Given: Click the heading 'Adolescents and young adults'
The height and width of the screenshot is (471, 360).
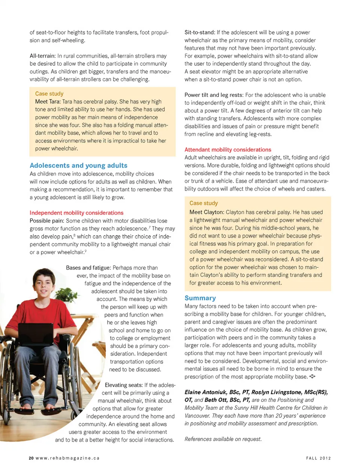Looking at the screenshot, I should pyautogui.click(x=78, y=166).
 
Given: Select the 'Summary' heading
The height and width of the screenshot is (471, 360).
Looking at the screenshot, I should pyautogui.click(x=200, y=298).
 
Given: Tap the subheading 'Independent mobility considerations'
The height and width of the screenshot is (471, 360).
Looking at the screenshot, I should pyautogui.click(x=76, y=213).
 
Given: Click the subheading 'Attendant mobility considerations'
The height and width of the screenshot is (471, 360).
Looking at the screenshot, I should pyautogui.click(x=228, y=149).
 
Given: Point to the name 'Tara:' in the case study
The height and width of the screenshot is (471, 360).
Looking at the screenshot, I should pyautogui.click(x=55, y=101).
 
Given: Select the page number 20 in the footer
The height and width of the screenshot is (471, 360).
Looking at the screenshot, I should pyautogui.click(x=31, y=458).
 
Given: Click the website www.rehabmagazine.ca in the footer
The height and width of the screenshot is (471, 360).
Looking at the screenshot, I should pyautogui.click(x=67, y=458).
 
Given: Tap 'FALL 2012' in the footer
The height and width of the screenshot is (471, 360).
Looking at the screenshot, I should pyautogui.click(x=318, y=458).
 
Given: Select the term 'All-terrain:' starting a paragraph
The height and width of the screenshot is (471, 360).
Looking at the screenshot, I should pyautogui.click(x=43, y=56).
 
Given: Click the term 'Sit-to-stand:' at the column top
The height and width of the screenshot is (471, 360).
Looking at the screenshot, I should pyautogui.click(x=199, y=33).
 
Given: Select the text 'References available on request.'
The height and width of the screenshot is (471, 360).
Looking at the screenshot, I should pyautogui.click(x=223, y=439).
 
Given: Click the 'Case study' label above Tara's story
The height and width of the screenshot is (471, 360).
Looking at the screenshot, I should pyautogui.click(x=49, y=93).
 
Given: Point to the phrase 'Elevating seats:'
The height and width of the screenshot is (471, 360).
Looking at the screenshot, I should pyautogui.click(x=124, y=385).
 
